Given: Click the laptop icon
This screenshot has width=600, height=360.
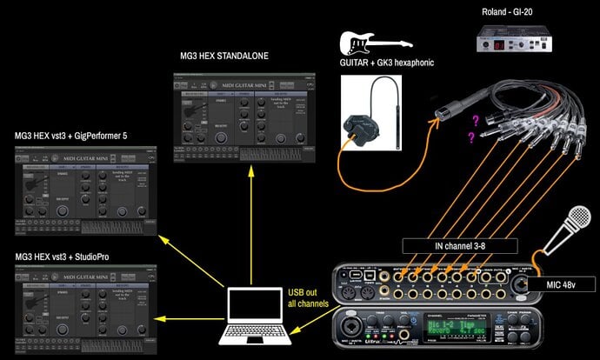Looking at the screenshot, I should coord(255,310).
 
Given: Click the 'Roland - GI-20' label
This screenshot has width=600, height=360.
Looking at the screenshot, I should coord(516,11).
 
